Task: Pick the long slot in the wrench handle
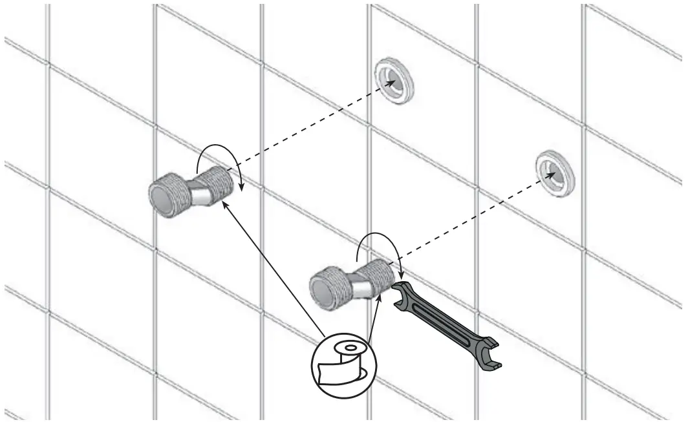[447, 323]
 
